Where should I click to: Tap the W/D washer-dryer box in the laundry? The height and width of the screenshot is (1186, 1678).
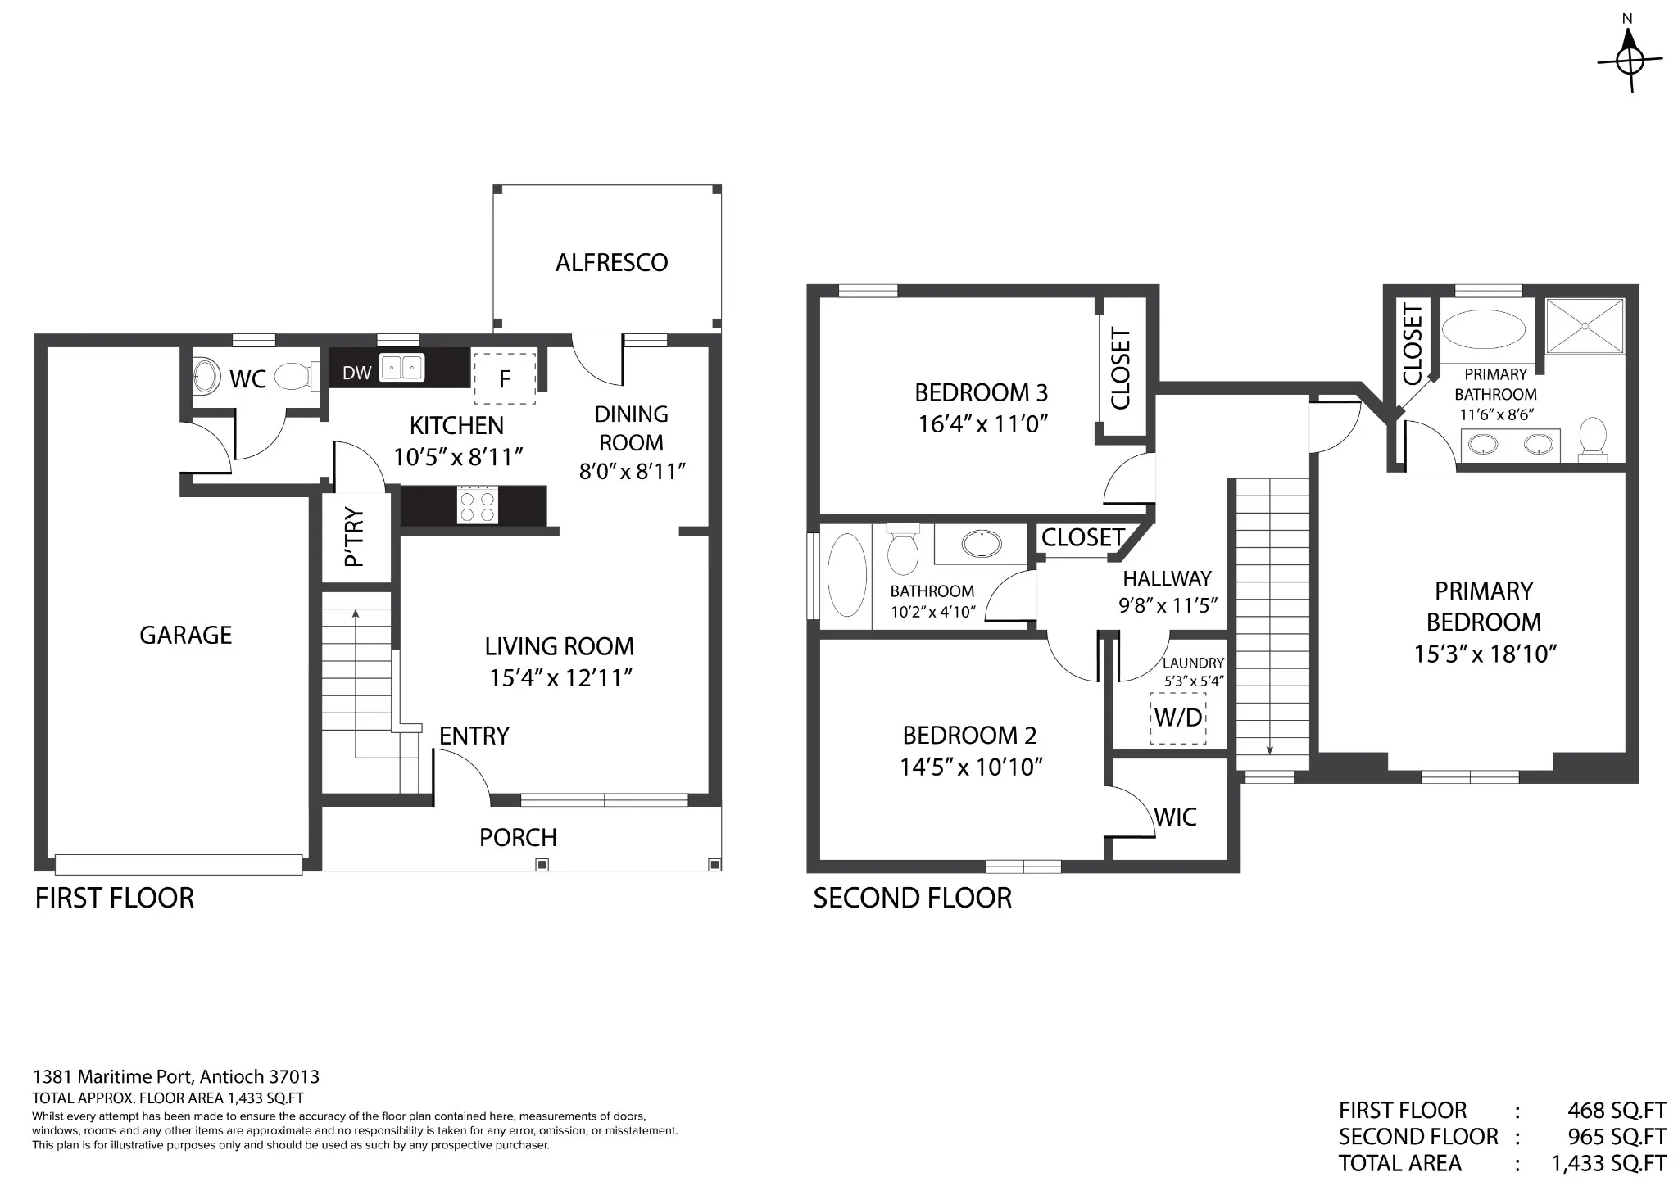pyautogui.click(x=1178, y=717)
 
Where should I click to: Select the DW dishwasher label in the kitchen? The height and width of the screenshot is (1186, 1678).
pyautogui.click(x=356, y=373)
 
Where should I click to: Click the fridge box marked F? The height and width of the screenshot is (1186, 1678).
pyautogui.click(x=505, y=378)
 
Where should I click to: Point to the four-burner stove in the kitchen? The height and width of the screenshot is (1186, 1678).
pyautogui.click(x=477, y=505)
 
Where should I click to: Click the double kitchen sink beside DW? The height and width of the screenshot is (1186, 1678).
pyautogui.click(x=401, y=368)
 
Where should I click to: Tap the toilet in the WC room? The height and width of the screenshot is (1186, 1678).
pyautogui.click(x=296, y=378)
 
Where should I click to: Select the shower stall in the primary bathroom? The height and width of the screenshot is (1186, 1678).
pyautogui.click(x=1585, y=326)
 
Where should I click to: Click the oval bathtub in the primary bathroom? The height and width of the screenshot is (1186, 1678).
pyautogui.click(x=1483, y=331)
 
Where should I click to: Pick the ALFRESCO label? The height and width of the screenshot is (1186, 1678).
pyautogui.click(x=611, y=262)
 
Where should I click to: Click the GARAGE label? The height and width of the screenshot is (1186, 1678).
pyautogui.click(x=186, y=635)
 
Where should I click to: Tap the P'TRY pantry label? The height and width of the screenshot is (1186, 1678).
pyautogui.click(x=354, y=537)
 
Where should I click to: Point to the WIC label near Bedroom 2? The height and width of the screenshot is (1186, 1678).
pyautogui.click(x=1175, y=817)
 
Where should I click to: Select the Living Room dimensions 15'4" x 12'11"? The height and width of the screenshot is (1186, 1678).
pyautogui.click(x=560, y=678)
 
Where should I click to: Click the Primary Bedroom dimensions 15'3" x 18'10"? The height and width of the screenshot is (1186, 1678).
pyautogui.click(x=1485, y=654)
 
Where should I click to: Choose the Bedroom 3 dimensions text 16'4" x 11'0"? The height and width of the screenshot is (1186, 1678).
pyautogui.click(x=983, y=423)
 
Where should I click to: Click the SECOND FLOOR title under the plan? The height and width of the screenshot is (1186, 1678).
pyautogui.click(x=912, y=898)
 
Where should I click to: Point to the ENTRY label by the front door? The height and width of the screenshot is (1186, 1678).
pyautogui.click(x=474, y=736)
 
